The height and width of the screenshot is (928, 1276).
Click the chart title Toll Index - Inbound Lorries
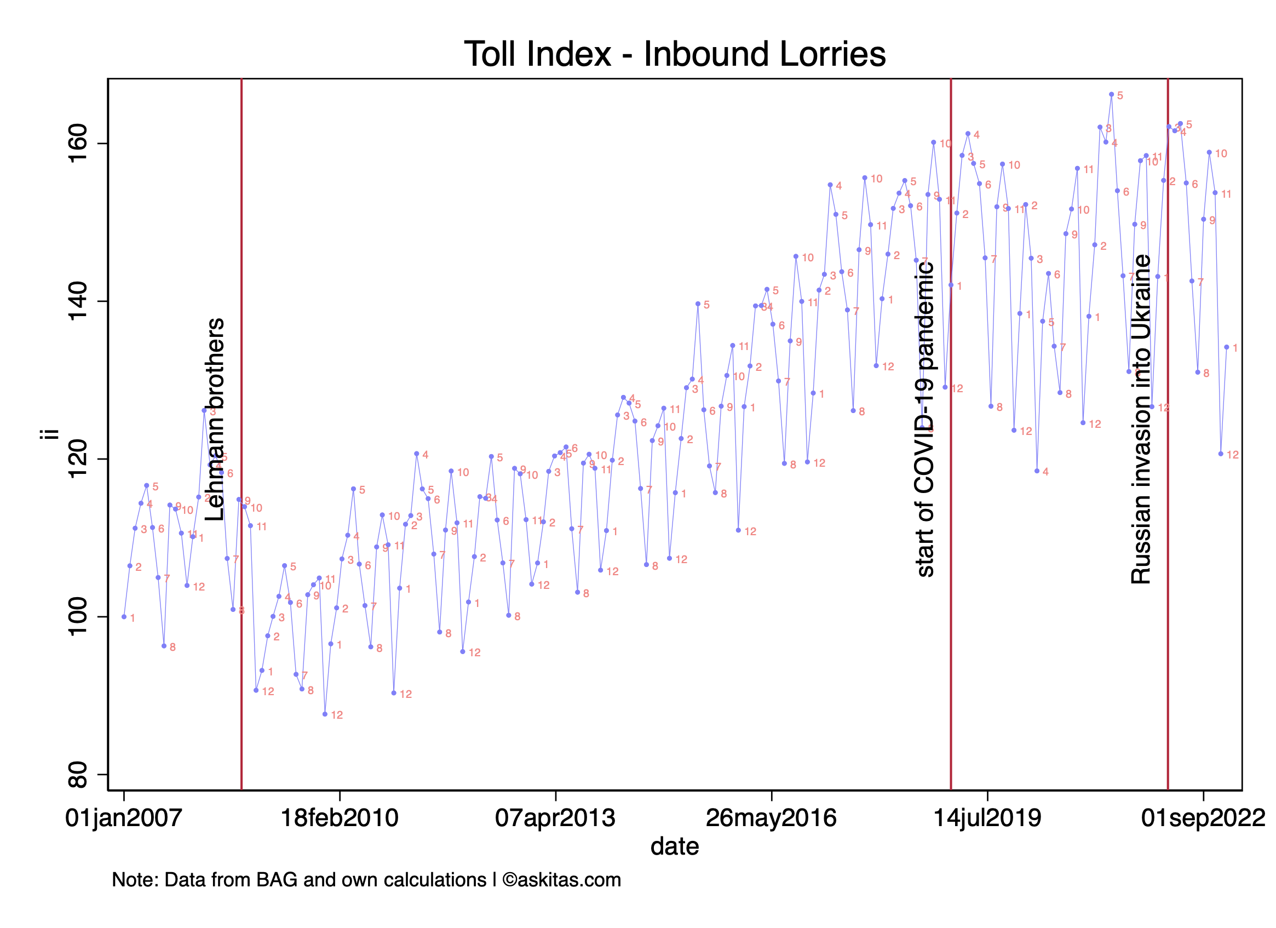click(x=675, y=55)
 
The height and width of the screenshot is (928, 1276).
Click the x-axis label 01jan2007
click(x=124, y=818)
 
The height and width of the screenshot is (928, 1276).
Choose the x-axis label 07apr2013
click(x=555, y=818)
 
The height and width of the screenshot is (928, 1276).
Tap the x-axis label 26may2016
click(x=771, y=818)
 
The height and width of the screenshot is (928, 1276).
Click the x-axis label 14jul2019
click(x=987, y=818)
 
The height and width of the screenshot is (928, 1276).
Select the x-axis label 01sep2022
click(x=1203, y=818)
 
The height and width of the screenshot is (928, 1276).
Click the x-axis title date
click(x=675, y=847)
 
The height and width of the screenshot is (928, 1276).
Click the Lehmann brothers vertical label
click(x=214, y=419)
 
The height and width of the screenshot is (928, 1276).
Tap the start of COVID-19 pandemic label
click(x=925, y=419)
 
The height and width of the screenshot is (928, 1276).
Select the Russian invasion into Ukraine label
click(x=1141, y=419)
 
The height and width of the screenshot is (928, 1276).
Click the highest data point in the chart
click(x=1111, y=95)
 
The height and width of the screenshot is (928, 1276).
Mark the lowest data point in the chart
click(x=325, y=714)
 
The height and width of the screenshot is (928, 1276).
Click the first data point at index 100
click(x=124, y=617)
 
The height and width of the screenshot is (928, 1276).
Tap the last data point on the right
click(x=1227, y=347)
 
